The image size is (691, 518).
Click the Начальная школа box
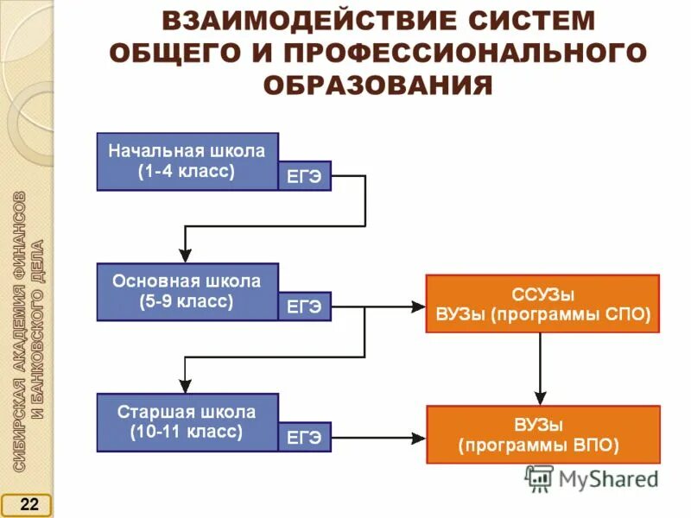[187, 152]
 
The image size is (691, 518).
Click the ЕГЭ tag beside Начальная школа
[304, 176]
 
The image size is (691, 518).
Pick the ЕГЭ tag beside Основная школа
[304, 306]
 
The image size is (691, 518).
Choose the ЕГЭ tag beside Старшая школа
[304, 437]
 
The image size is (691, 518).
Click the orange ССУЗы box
[542, 304]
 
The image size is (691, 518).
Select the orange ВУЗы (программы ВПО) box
[542, 434]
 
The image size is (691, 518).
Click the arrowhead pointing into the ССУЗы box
[419, 306]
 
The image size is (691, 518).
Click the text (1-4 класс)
[187, 171]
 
